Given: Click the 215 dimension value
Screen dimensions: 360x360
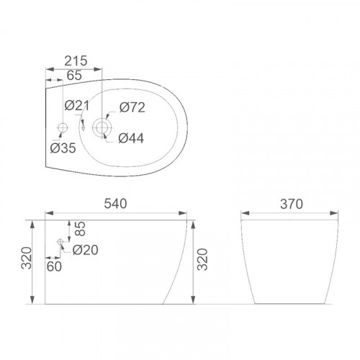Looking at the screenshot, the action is coord(76,61).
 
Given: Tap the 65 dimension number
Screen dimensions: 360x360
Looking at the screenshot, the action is coord(74,76).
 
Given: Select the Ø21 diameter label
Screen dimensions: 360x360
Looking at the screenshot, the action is coord(77,106).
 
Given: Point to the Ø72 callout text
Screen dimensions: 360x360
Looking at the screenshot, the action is coord(132,107).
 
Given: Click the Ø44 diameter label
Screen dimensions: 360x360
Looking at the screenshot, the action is coord(131,138).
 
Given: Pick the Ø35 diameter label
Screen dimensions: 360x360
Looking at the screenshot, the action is coord(63,148).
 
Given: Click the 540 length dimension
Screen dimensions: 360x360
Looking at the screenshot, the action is coord(115,204).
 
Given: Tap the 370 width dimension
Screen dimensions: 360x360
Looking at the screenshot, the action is coord(292,204).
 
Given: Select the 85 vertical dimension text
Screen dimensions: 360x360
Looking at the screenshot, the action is coord(80,229).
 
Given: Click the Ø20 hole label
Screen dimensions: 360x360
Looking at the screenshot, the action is coord(85,250).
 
